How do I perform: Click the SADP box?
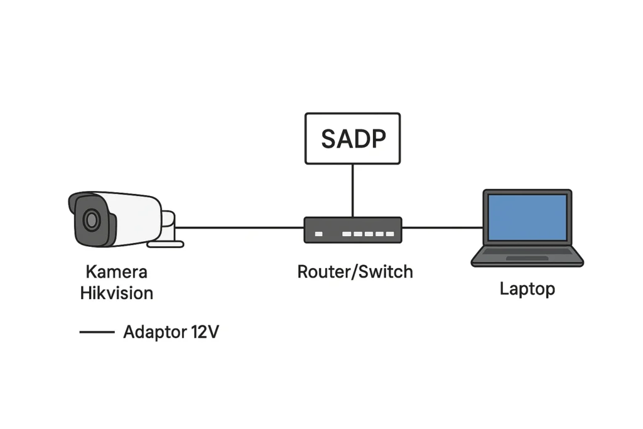352,138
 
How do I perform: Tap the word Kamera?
116,272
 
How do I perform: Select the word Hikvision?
117,293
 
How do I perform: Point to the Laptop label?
527,289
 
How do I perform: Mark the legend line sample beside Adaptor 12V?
97,332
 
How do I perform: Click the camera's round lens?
92,220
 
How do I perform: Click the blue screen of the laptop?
527,217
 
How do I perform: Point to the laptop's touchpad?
527,258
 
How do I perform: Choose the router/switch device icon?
352,230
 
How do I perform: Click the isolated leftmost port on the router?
318,234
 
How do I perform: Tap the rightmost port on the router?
390,234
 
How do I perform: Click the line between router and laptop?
442,227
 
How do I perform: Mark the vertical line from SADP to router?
352,190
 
